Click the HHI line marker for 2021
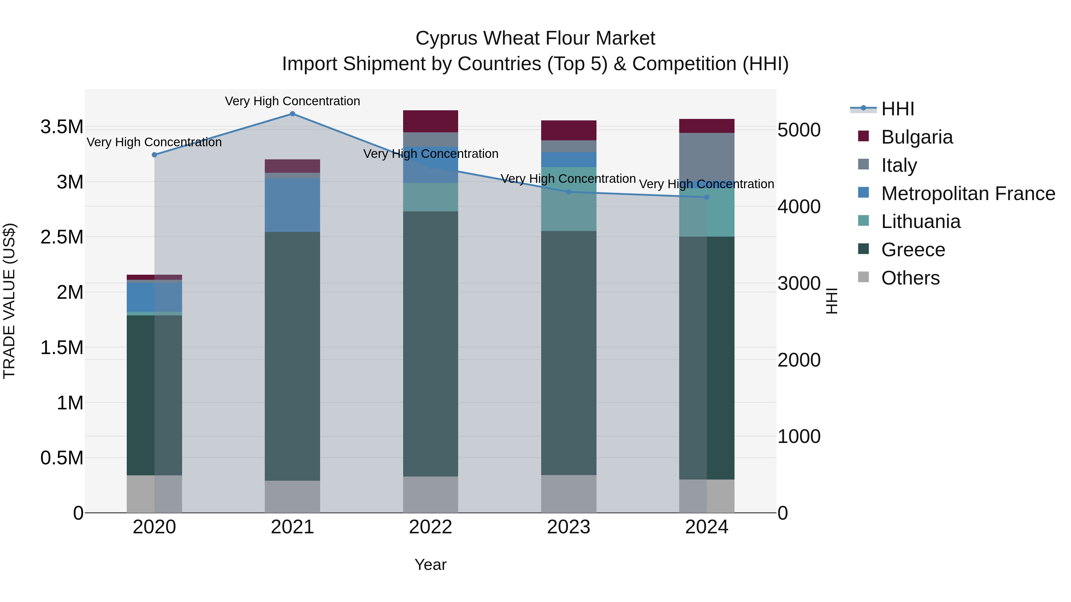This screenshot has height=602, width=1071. click(x=292, y=114)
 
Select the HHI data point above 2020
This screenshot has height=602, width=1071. click(x=154, y=155)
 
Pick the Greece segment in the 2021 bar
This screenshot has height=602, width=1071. click(x=292, y=356)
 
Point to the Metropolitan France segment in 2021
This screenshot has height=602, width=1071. click(x=292, y=205)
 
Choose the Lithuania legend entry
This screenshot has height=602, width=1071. click(x=920, y=221)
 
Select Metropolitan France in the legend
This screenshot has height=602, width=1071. click(x=968, y=194)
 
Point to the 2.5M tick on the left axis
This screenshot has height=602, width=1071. click(x=62, y=237)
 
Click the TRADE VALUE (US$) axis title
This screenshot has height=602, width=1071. click(x=10, y=301)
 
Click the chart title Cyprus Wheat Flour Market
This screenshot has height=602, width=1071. click(x=535, y=38)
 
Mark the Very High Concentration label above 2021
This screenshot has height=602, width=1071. click(x=292, y=101)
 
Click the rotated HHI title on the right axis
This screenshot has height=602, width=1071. click(x=831, y=301)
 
